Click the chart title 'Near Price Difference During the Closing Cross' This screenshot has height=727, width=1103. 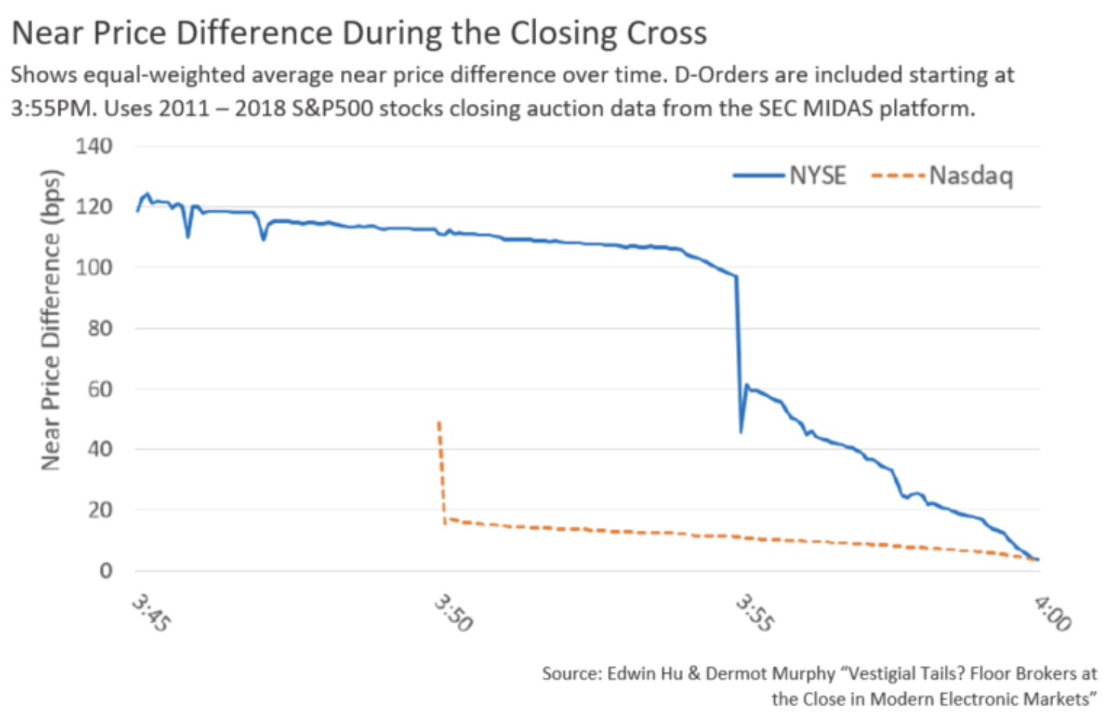359,33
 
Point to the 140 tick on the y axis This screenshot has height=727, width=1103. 94,146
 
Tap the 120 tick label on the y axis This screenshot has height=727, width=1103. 94,207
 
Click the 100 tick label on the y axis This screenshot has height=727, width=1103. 94,267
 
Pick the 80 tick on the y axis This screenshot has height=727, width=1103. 99,328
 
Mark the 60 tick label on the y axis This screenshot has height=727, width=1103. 99,389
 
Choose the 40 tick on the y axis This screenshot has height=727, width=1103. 99,449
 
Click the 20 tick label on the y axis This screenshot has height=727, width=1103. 99,510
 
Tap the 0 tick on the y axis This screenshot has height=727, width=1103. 105,570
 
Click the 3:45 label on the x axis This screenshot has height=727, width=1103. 151,612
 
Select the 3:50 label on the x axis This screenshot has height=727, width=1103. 453,612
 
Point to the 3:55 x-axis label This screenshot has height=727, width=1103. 754,612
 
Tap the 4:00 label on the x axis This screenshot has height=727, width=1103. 1052,612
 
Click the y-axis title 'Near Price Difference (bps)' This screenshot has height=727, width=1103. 51,319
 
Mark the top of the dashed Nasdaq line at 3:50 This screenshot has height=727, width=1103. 439,422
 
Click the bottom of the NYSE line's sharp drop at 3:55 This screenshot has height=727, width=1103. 740,431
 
